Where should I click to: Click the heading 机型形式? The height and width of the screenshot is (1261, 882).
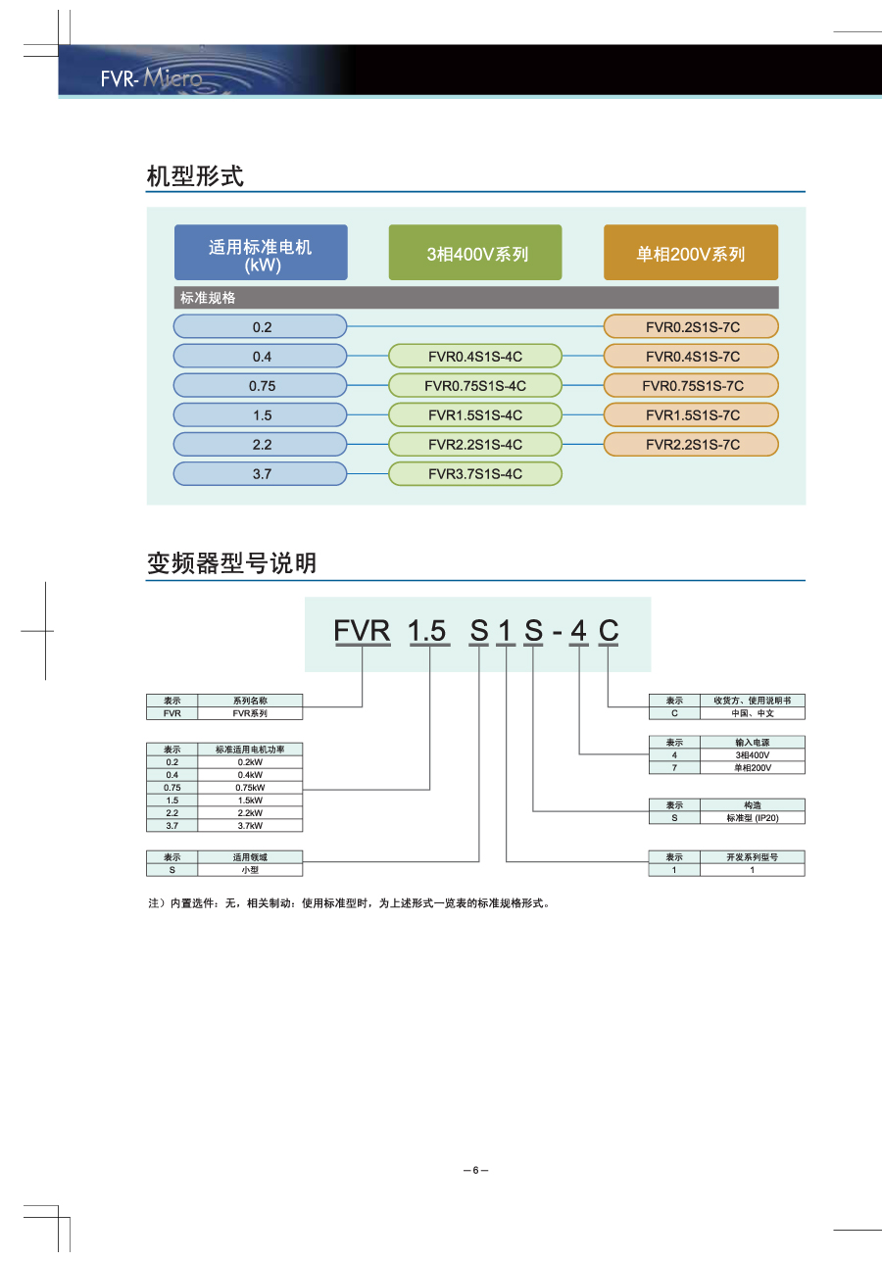[x=195, y=177]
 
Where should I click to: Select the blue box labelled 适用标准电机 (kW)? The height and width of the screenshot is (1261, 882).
[x=261, y=253]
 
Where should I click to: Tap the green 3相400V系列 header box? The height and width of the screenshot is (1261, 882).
[x=475, y=253]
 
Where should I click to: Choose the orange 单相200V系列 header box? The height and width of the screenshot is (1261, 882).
[x=691, y=253]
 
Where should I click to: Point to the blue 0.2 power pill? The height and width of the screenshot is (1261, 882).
[x=261, y=326]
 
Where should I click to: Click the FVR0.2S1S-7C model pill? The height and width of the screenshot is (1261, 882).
[x=691, y=326]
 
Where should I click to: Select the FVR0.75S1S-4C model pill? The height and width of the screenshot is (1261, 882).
[x=475, y=385]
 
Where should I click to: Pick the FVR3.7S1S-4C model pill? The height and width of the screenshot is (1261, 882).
[x=475, y=473]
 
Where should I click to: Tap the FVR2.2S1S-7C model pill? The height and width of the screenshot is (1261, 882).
[x=691, y=444]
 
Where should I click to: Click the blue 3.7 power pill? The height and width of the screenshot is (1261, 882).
[x=261, y=473]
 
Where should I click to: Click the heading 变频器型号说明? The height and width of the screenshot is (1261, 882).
[x=231, y=563]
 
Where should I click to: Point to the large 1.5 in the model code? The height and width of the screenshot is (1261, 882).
[x=427, y=631]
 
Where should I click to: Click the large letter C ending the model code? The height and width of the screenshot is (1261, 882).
[x=609, y=631]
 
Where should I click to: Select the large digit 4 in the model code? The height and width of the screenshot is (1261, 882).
[x=578, y=631]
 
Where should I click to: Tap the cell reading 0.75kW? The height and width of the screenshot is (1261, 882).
[x=250, y=787]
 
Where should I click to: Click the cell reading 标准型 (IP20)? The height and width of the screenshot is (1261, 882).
[x=752, y=817]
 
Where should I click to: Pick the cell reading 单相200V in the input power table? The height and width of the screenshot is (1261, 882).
[x=752, y=768]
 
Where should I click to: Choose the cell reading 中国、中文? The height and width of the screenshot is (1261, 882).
[x=752, y=713]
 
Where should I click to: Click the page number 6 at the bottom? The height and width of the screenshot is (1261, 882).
[x=475, y=1170]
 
